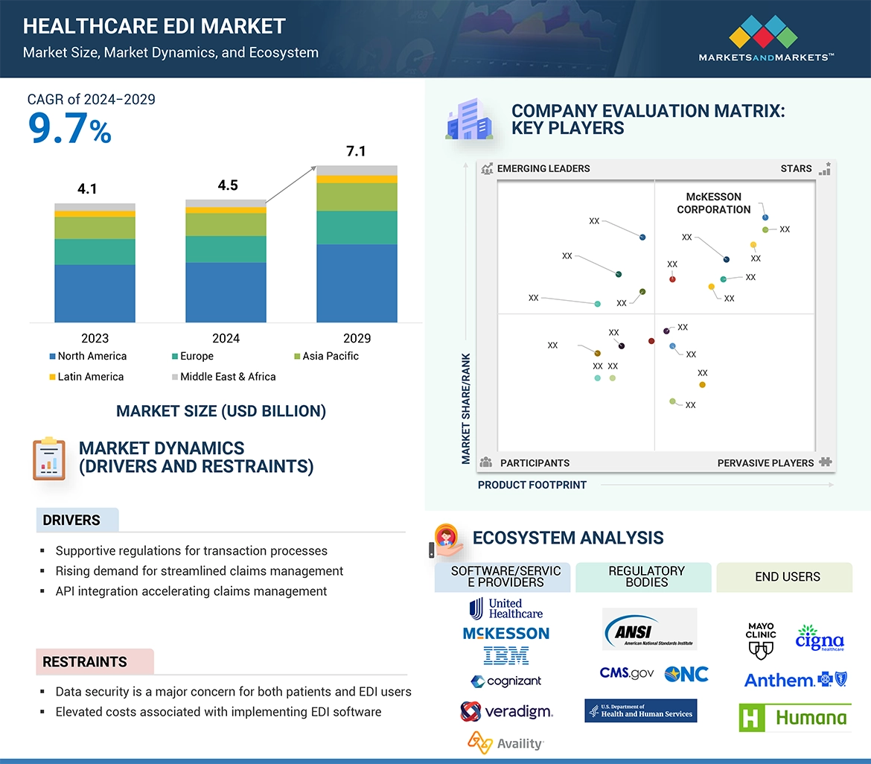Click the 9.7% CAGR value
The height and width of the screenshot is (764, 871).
click(x=69, y=128)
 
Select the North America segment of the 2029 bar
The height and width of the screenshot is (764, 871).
click(x=357, y=283)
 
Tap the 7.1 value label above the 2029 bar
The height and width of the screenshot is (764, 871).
click(x=356, y=152)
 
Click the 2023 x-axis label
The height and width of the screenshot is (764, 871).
click(x=95, y=338)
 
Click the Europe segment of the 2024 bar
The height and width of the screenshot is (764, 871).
click(x=226, y=249)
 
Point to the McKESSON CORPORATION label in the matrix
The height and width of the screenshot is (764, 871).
click(x=713, y=203)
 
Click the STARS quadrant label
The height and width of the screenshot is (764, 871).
click(x=796, y=168)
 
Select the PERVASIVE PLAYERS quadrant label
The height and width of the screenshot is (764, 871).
click(x=765, y=463)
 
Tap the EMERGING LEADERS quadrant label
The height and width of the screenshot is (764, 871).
click(x=543, y=168)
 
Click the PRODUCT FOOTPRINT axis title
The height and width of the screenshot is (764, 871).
click(x=532, y=485)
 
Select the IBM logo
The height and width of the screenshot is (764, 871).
click(x=505, y=656)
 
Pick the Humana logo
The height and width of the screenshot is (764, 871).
click(x=794, y=718)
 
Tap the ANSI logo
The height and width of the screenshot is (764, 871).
click(x=649, y=629)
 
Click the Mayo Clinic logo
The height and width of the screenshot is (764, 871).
click(x=760, y=641)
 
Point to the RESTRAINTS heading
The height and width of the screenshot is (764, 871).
click(x=84, y=662)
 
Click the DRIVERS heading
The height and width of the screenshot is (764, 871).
click(x=71, y=521)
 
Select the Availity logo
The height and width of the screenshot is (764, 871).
click(x=505, y=742)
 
